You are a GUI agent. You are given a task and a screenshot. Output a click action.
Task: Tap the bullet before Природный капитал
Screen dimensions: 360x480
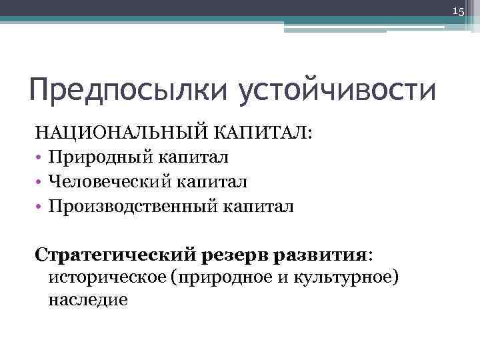tap(40, 157)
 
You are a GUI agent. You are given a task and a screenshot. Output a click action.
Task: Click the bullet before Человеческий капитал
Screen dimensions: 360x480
tap(40, 182)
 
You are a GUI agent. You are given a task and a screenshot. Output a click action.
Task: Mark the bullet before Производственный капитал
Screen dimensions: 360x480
tap(40, 207)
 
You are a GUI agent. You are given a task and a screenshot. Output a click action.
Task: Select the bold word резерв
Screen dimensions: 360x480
tap(237, 255)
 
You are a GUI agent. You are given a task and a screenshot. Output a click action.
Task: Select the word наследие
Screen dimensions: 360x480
tap(87, 300)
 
